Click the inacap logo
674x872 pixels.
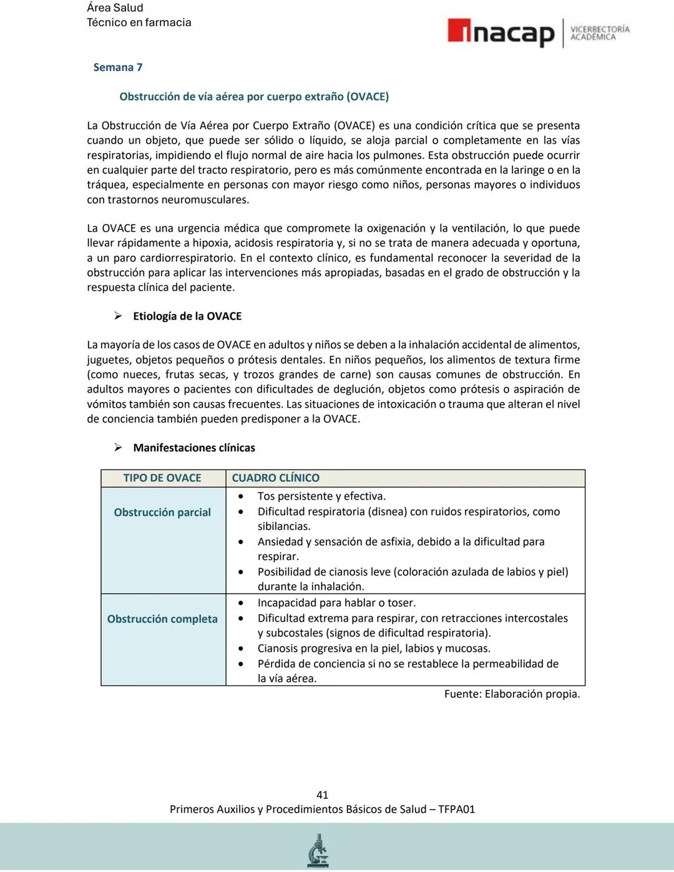click(501, 33)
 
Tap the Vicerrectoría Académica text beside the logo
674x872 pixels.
click(600, 33)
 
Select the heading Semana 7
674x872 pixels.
click(118, 67)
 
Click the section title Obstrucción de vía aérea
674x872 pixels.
click(253, 97)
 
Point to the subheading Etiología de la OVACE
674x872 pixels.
click(187, 316)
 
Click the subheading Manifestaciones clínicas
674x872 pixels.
click(194, 448)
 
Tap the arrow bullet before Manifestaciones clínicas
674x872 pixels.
click(117, 448)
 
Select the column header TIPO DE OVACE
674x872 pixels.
click(162, 478)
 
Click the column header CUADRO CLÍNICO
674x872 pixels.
click(275, 478)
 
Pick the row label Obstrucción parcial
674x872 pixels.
click(162, 512)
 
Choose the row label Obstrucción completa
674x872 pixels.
click(162, 619)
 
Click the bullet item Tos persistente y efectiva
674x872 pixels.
click(321, 496)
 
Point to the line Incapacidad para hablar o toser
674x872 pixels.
click(336, 603)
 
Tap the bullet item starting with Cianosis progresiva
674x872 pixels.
click(374, 649)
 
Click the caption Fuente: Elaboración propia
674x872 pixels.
click(512, 694)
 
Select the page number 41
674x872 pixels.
click(322, 795)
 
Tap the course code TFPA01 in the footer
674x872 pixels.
click(456, 810)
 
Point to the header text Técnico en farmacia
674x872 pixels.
click(139, 22)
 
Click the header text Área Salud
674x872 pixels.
click(115, 8)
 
